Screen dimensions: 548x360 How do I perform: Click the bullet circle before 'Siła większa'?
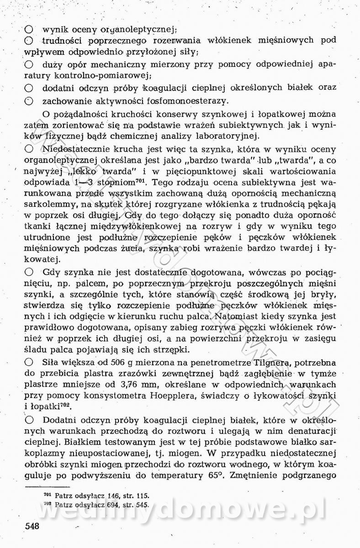[x=29, y=363]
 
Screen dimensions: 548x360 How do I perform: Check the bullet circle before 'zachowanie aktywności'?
[x=29, y=101]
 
